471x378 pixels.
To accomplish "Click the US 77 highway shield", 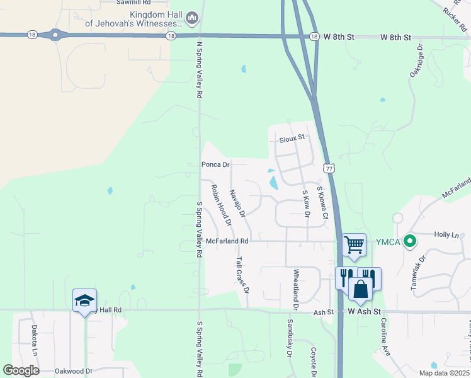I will (x=329, y=168).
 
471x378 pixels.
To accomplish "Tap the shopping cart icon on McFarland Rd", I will (x=354, y=244).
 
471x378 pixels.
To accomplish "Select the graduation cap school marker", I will (x=84, y=301).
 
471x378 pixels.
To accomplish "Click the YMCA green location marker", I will (x=410, y=240).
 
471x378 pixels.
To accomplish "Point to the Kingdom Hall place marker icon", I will (x=193, y=19).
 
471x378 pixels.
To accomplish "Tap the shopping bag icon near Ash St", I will (x=361, y=290).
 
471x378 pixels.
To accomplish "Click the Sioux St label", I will (x=292, y=137).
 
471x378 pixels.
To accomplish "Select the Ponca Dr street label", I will (x=215, y=164).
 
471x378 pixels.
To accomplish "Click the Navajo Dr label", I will (x=237, y=204).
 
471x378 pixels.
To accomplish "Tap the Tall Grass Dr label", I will (x=242, y=274).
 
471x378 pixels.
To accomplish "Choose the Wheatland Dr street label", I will (x=295, y=290).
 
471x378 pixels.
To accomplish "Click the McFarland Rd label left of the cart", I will (x=227, y=241).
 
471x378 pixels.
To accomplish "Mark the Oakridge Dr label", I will (x=416, y=60).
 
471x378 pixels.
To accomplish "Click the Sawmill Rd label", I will (x=134, y=3).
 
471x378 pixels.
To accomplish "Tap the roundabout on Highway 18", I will (x=55, y=35).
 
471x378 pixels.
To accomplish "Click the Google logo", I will (x=21, y=370).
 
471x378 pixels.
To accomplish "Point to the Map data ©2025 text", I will (x=443, y=373).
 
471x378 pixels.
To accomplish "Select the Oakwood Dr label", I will (x=73, y=372).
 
